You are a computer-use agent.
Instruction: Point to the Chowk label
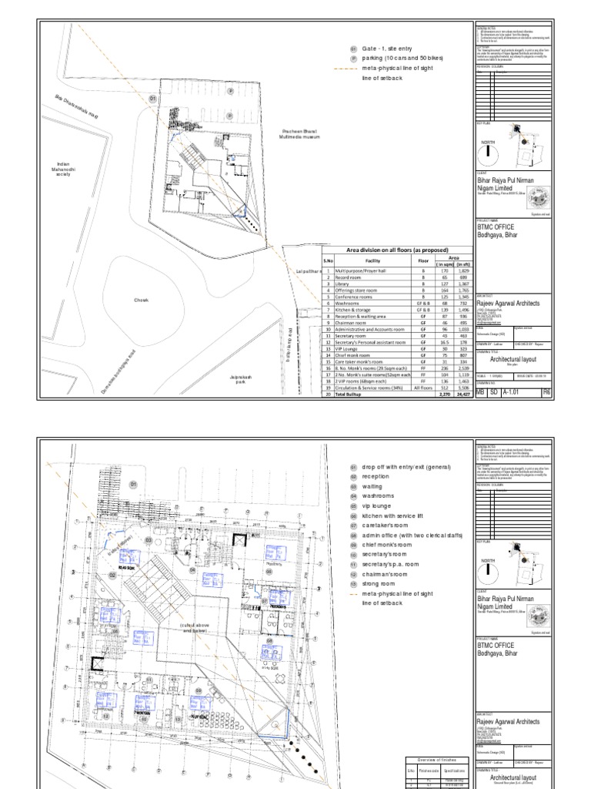point(141,300)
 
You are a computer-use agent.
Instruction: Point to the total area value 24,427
point(463,394)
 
